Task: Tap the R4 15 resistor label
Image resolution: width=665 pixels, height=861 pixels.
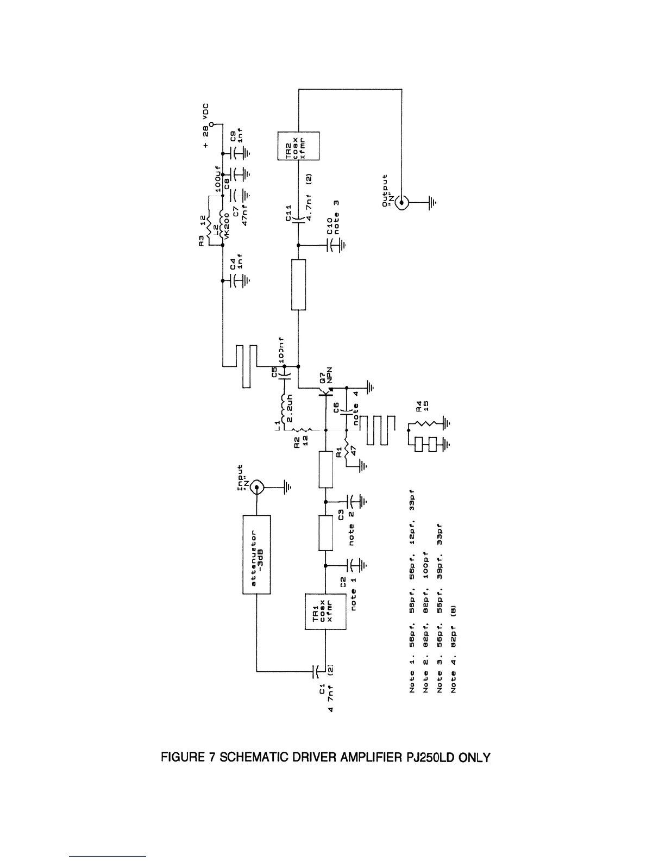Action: (x=423, y=406)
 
